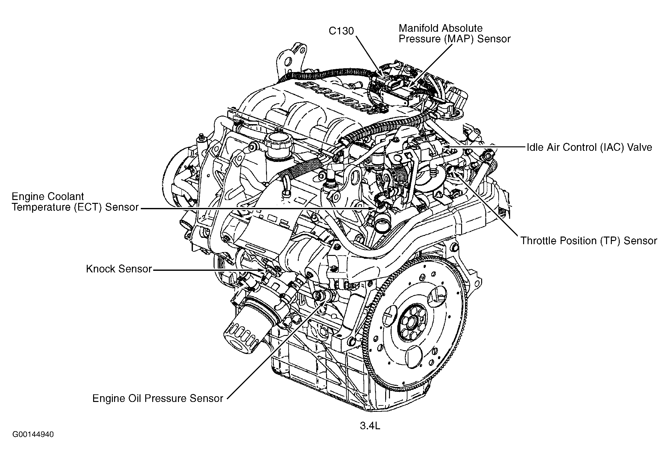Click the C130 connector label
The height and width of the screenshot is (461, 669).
(341, 31)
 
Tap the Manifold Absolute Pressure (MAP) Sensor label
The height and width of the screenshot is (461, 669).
(454, 33)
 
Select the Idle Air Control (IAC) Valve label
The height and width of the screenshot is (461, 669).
(590, 147)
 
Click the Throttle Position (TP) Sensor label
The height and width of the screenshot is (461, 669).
(589, 241)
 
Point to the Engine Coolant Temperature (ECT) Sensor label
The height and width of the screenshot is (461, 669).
(75, 202)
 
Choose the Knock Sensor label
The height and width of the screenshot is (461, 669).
(119, 269)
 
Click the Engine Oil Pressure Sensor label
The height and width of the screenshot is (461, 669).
(158, 398)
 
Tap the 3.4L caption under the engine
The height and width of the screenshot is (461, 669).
(370, 426)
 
